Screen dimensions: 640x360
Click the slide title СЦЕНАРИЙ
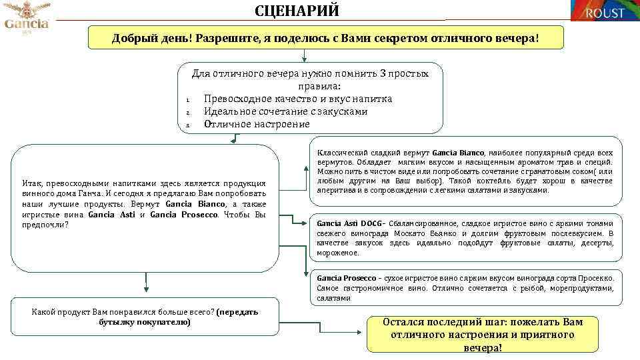[297, 11]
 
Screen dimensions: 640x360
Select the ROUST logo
[603, 11]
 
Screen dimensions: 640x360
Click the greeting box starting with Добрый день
[325, 38]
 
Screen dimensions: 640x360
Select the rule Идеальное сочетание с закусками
[285, 112]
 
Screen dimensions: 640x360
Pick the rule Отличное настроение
[257, 125]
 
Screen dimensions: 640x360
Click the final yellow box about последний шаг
[482, 335]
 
